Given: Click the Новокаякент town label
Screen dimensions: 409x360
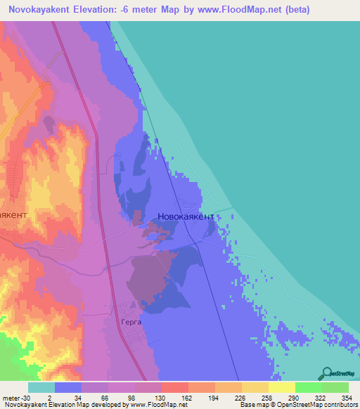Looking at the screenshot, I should pos(186,218).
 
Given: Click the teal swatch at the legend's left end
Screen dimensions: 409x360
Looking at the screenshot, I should pos(41,387).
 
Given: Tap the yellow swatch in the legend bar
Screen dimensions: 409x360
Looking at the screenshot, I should pos(281,387).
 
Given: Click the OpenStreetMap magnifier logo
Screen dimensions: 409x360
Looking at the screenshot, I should pos(326,374).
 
